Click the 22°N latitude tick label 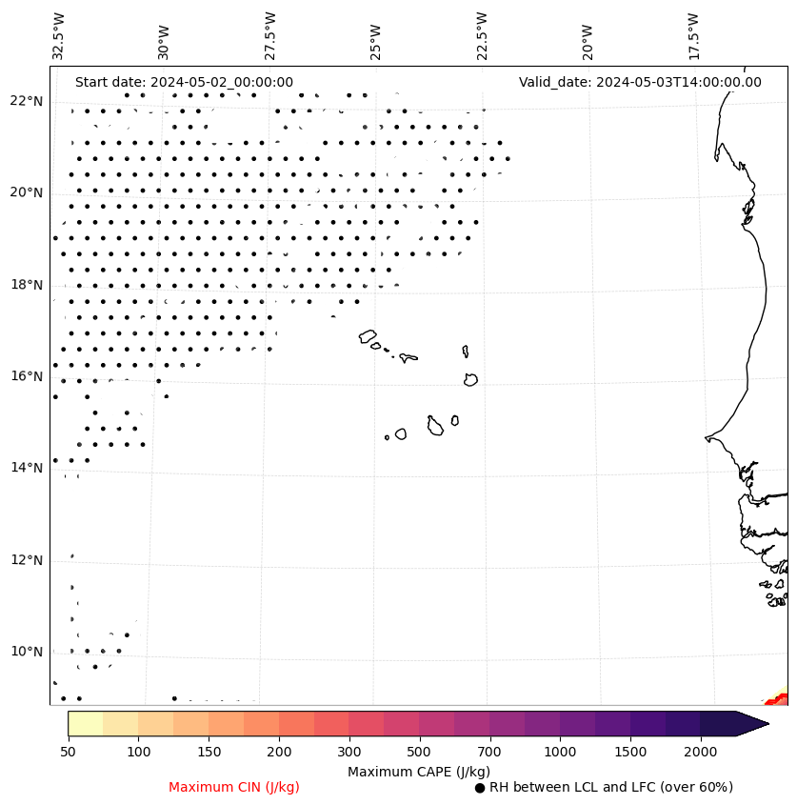[x=26, y=101]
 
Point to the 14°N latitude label [x=26, y=468]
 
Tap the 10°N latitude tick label [x=26, y=652]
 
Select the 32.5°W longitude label [x=59, y=36]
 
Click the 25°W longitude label [x=376, y=40]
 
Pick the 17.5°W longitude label [x=693, y=36]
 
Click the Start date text [x=184, y=82]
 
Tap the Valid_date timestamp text [x=640, y=82]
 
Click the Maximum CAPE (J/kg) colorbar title [x=418, y=772]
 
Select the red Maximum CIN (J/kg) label [x=234, y=787]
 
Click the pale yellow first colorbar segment [x=85, y=723]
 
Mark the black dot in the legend [x=480, y=788]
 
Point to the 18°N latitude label [x=26, y=285]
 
